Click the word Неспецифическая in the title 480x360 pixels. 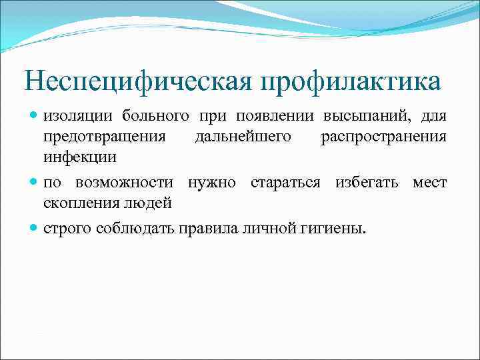[x=137, y=82]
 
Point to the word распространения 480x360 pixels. [x=383, y=137]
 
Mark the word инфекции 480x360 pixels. [x=80, y=158]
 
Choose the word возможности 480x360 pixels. [x=125, y=183]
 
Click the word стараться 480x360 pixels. [x=287, y=183]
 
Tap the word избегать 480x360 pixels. [x=369, y=183]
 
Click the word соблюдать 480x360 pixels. [x=136, y=229]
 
